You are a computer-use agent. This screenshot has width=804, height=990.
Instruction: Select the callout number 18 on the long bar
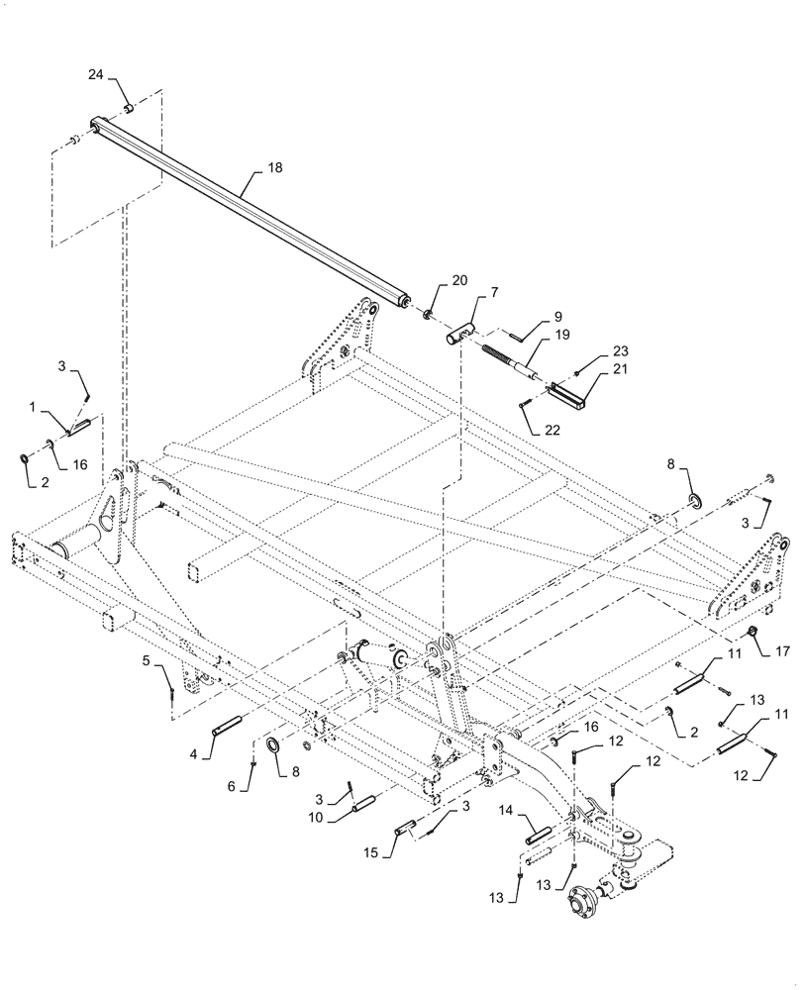point(274,168)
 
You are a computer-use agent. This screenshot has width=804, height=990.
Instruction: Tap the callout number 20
point(459,281)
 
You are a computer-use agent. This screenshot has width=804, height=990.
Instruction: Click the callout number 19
point(560,337)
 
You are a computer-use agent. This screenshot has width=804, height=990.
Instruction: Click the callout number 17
point(782,651)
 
